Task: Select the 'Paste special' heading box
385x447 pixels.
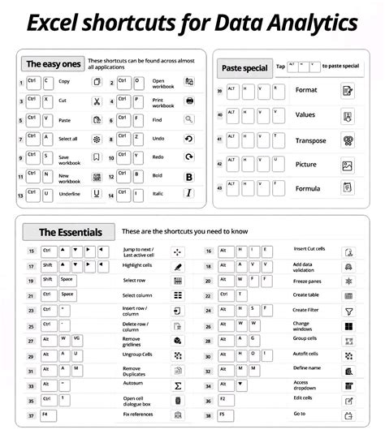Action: (x=244, y=68)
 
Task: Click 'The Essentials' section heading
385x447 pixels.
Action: (x=70, y=232)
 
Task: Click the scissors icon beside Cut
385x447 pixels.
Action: (x=96, y=101)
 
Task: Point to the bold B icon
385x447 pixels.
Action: (x=189, y=175)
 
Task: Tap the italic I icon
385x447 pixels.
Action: (x=189, y=193)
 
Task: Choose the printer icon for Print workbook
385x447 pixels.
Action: (x=189, y=101)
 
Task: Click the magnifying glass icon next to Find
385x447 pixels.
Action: (x=189, y=118)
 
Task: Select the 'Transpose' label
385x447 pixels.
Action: (x=310, y=141)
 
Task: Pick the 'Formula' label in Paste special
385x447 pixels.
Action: (x=307, y=188)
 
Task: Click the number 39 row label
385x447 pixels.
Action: (x=220, y=91)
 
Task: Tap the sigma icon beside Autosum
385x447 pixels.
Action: (x=178, y=385)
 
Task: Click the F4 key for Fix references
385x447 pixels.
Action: (x=45, y=414)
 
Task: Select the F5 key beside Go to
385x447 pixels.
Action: (x=223, y=414)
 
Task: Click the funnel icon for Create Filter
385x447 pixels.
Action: (x=348, y=311)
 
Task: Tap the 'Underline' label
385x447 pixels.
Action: (x=70, y=194)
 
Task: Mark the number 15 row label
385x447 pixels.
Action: (x=31, y=251)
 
